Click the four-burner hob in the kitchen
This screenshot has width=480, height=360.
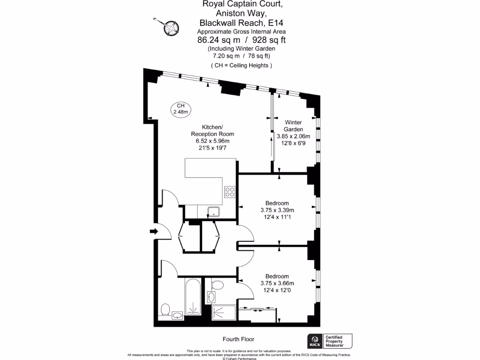[230, 192]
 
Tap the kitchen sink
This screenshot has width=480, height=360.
[214, 211]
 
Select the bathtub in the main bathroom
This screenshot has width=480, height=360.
[192, 297]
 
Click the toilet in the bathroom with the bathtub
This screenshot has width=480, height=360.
[165, 310]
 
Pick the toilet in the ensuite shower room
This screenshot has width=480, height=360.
[217, 285]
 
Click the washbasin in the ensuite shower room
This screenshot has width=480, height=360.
[211, 297]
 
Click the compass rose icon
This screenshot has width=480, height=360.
[171, 28]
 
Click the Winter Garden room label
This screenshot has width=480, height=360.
[293, 126]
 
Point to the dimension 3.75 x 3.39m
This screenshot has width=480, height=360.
[277, 210]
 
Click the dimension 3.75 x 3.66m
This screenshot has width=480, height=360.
[277, 283]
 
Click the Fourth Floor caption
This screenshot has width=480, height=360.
[238, 339]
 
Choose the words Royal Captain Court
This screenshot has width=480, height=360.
[242, 4]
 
